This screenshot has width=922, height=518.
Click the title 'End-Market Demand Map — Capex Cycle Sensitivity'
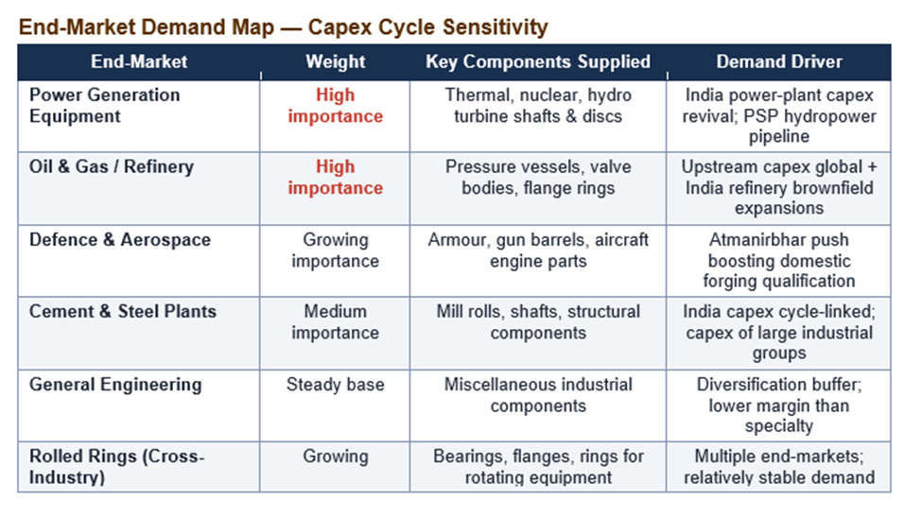point(283,27)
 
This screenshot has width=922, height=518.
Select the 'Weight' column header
point(335,61)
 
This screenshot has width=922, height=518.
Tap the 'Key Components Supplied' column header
point(538,61)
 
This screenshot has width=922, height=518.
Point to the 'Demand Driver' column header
point(778,61)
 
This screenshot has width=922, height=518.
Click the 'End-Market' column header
point(139,61)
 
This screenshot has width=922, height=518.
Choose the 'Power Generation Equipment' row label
point(105,106)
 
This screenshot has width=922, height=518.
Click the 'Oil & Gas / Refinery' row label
point(112,167)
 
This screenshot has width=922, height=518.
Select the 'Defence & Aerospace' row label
point(120,240)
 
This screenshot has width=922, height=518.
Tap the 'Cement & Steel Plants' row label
point(123,312)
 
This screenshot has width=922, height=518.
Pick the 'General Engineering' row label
point(115,385)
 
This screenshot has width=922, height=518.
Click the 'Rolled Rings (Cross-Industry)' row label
point(117,467)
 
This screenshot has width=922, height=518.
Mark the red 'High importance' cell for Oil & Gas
point(335,178)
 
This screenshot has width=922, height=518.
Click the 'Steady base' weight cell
point(335,385)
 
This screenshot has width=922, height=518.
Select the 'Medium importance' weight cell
point(335,322)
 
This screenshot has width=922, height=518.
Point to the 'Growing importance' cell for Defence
point(335,250)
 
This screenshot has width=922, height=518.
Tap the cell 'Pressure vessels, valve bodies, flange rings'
point(538,178)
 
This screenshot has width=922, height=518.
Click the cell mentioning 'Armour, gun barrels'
point(538,250)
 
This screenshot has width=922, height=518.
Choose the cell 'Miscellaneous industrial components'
point(538,395)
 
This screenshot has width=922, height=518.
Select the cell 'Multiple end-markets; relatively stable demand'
point(778,467)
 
